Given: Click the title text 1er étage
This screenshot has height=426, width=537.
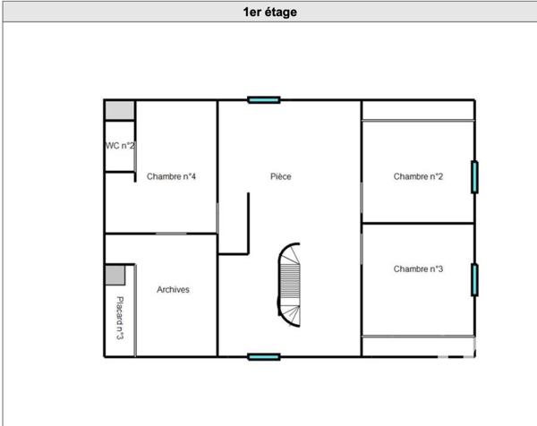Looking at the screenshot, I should click(x=269, y=13).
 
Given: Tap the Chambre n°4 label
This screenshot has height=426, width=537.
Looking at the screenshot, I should click(x=171, y=177).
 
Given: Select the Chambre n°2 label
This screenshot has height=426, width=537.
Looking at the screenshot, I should click(x=418, y=177).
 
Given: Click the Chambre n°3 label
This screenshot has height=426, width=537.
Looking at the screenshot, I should click(x=418, y=268).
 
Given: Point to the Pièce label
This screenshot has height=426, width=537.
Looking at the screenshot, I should click(x=281, y=177).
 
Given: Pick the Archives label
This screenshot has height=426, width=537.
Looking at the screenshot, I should click(x=173, y=290).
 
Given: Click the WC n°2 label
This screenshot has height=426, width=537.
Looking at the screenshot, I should click(x=120, y=146).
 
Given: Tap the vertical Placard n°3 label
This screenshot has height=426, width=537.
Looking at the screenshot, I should click(x=119, y=318).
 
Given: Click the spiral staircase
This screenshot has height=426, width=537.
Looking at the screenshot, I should click(x=290, y=285).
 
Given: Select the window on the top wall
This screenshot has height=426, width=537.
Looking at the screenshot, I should click(x=263, y=100).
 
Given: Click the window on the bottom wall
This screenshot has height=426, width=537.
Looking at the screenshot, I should click(x=263, y=356).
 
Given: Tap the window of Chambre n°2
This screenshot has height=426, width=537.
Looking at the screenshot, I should click(x=474, y=176).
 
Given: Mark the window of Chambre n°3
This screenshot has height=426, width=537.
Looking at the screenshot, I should click(x=474, y=279).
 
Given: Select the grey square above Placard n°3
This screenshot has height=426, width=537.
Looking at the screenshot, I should click(x=115, y=275).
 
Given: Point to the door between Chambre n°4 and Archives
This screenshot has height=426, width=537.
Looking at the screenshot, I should click(x=171, y=234).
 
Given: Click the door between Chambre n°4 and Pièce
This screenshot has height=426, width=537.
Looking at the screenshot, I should click(x=217, y=217).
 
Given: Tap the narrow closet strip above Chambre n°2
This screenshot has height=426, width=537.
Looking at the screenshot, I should click(x=417, y=110).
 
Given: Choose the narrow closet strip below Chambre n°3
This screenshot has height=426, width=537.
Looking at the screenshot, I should click(x=417, y=346).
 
